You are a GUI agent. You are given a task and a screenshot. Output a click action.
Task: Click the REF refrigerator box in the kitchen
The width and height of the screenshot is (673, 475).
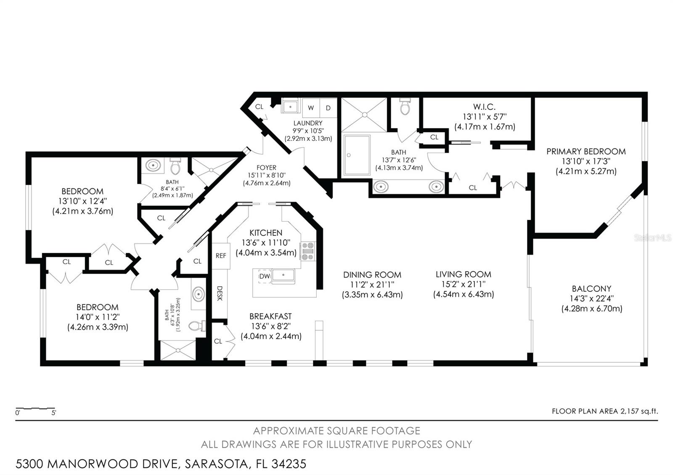click(x=221, y=256)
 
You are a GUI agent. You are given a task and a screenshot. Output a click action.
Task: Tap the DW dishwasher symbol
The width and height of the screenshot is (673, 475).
click(x=265, y=276)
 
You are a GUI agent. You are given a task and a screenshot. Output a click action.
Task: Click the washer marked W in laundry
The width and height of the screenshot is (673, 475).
click(x=311, y=108)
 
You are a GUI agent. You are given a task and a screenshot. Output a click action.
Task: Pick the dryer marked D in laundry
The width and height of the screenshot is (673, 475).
click(x=328, y=108)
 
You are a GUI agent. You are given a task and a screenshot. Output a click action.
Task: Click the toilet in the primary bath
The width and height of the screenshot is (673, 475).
click(x=405, y=107)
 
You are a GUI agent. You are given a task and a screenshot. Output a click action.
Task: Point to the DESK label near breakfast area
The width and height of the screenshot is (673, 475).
click(x=220, y=293)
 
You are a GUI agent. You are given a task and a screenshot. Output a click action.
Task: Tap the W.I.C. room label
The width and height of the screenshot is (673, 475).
click(x=484, y=107)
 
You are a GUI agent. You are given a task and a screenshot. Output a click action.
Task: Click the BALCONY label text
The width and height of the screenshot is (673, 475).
click(x=591, y=288)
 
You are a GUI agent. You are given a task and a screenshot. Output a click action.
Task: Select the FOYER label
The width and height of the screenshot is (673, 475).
click(x=267, y=168)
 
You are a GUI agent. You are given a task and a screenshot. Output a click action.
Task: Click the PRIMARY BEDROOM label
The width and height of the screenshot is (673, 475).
click(x=586, y=151)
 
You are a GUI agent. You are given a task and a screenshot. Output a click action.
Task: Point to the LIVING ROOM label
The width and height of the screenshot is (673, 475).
click(x=463, y=274)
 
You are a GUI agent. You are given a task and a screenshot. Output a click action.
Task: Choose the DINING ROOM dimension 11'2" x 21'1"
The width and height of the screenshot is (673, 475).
click(x=372, y=284)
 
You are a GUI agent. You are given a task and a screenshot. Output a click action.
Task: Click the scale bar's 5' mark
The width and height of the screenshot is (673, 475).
click(x=54, y=413)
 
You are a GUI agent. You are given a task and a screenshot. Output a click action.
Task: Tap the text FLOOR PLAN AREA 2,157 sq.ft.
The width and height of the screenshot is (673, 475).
click(x=605, y=411)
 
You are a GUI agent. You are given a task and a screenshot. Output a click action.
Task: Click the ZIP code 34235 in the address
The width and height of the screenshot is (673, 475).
click(x=289, y=464)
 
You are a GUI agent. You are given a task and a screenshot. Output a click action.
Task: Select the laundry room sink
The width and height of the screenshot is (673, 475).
click(x=290, y=107)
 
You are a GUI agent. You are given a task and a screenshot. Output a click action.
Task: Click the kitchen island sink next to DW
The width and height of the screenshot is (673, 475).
click(x=284, y=275)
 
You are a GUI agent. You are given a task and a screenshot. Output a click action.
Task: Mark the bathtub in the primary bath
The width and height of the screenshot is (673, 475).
click(x=357, y=155)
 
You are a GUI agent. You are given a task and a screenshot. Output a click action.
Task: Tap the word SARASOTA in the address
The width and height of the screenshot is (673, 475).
click(x=216, y=464)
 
